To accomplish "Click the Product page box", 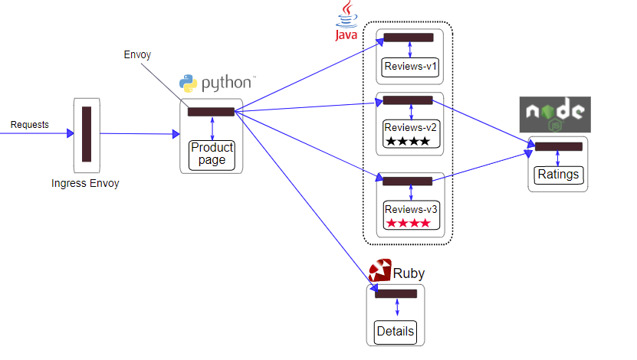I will (212, 154).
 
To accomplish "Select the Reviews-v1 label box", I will (409, 67).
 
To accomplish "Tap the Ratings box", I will (557, 175).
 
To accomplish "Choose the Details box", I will (396, 332).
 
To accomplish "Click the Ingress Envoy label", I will (86, 184).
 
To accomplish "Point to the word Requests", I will (30, 124).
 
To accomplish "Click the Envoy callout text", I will (137, 55).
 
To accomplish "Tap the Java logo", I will (346, 21).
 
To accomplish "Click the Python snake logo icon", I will (188, 83).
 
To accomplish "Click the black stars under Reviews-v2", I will (408, 142).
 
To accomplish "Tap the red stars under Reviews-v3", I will (408, 223).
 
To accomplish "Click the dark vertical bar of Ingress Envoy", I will (87, 134).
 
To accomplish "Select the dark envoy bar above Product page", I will (211, 112).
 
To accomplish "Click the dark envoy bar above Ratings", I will (557, 146).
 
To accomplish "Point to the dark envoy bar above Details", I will (396, 293).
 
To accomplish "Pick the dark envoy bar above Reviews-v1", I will (409, 38).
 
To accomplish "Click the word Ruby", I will (409, 273).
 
